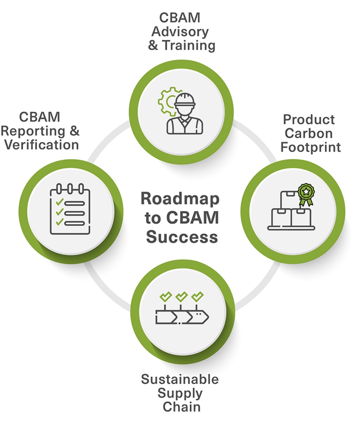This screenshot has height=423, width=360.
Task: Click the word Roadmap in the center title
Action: (x=180, y=199)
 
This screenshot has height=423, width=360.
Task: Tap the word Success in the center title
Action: (x=182, y=237)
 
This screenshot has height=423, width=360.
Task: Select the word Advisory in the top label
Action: (x=180, y=31)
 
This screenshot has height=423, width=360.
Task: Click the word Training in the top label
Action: (x=189, y=45)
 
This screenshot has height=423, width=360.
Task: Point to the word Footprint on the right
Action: (x=311, y=147)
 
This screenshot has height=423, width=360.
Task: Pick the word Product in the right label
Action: (x=309, y=120)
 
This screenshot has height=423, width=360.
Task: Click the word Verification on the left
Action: (x=42, y=144)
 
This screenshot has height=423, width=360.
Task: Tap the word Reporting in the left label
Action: (x=33, y=131)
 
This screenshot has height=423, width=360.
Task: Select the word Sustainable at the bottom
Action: (x=180, y=379)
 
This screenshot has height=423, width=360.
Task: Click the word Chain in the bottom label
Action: (x=181, y=407)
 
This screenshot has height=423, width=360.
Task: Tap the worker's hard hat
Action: (x=184, y=100)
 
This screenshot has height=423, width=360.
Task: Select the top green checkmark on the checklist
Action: (x=59, y=202)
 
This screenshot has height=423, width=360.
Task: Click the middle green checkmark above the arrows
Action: (x=182, y=296)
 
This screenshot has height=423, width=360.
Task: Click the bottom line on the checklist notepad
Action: (x=75, y=223)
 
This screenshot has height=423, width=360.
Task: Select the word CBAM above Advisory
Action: (x=180, y=18)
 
